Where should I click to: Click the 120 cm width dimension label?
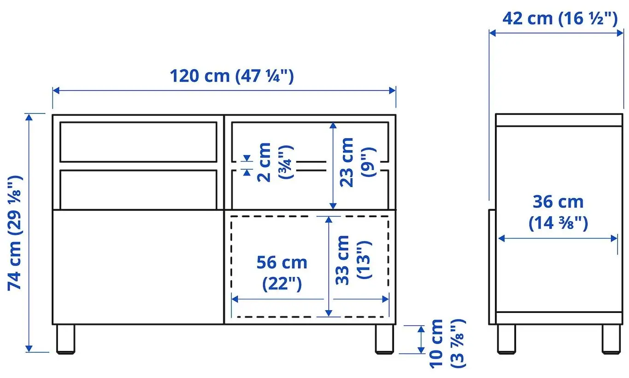231,76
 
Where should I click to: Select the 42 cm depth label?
559,18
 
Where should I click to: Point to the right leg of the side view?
611,339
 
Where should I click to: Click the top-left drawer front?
138,142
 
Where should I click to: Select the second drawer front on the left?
138,189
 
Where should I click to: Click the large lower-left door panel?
138,266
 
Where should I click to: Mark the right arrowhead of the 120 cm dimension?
393,90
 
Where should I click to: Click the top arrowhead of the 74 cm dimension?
29,117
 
